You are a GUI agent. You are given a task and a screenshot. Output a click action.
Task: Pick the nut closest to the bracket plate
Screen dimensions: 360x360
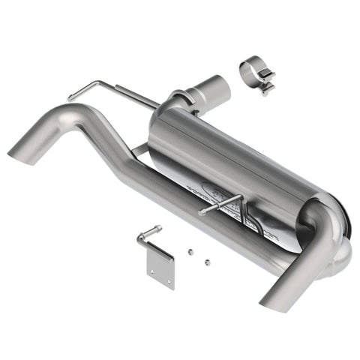pos(190,253)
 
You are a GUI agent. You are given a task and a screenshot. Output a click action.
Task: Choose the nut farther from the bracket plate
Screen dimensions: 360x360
pos(208,262)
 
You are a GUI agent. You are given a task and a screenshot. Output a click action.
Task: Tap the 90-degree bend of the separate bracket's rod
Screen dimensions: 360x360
pos(141,238)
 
